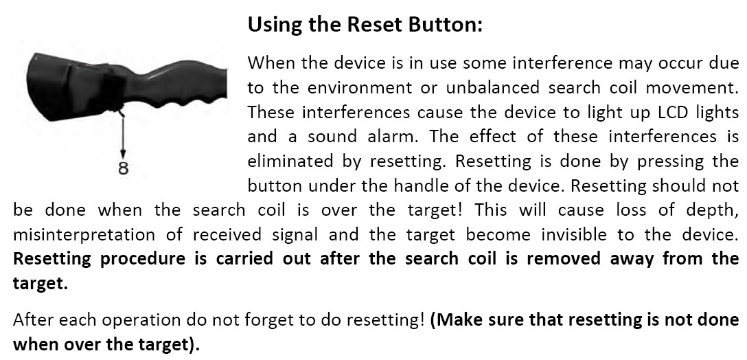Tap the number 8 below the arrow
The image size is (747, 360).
coord(124,168)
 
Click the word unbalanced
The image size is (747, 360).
coord(492,88)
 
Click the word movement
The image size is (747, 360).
coord(683,88)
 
